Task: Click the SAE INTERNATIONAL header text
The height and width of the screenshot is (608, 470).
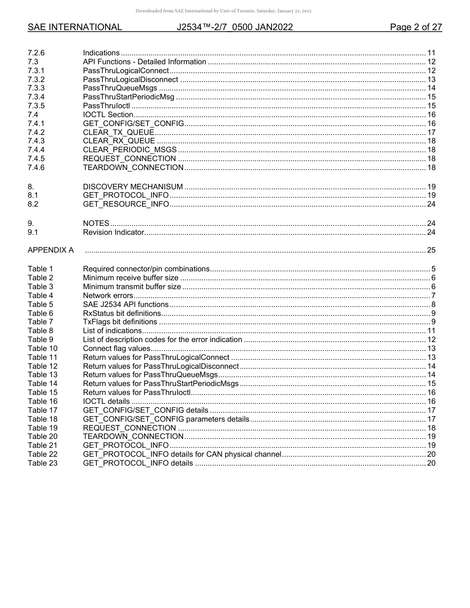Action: click(75, 27)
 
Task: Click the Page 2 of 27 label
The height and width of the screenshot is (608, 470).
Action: click(416, 27)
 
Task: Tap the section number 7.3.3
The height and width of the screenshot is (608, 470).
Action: click(36, 88)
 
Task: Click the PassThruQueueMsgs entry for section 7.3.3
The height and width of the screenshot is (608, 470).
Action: click(120, 88)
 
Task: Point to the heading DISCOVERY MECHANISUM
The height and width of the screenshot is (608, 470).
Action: click(133, 186)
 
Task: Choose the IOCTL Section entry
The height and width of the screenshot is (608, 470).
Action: click(108, 114)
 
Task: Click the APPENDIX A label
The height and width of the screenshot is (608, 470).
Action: click(50, 250)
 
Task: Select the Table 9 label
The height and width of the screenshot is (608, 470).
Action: click(41, 340)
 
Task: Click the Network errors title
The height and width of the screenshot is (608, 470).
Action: click(108, 296)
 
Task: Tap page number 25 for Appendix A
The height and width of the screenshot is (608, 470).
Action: click(431, 250)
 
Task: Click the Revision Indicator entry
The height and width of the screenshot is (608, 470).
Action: click(113, 232)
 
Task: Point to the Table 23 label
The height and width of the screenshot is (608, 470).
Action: click(43, 463)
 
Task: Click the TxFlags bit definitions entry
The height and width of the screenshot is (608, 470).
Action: click(120, 322)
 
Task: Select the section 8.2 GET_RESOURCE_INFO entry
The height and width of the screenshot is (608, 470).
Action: click(126, 204)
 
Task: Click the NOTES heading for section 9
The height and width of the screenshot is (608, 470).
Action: click(96, 223)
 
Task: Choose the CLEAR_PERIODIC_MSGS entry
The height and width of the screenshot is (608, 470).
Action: click(130, 150)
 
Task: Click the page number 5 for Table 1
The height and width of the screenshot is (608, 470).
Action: click(433, 269)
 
